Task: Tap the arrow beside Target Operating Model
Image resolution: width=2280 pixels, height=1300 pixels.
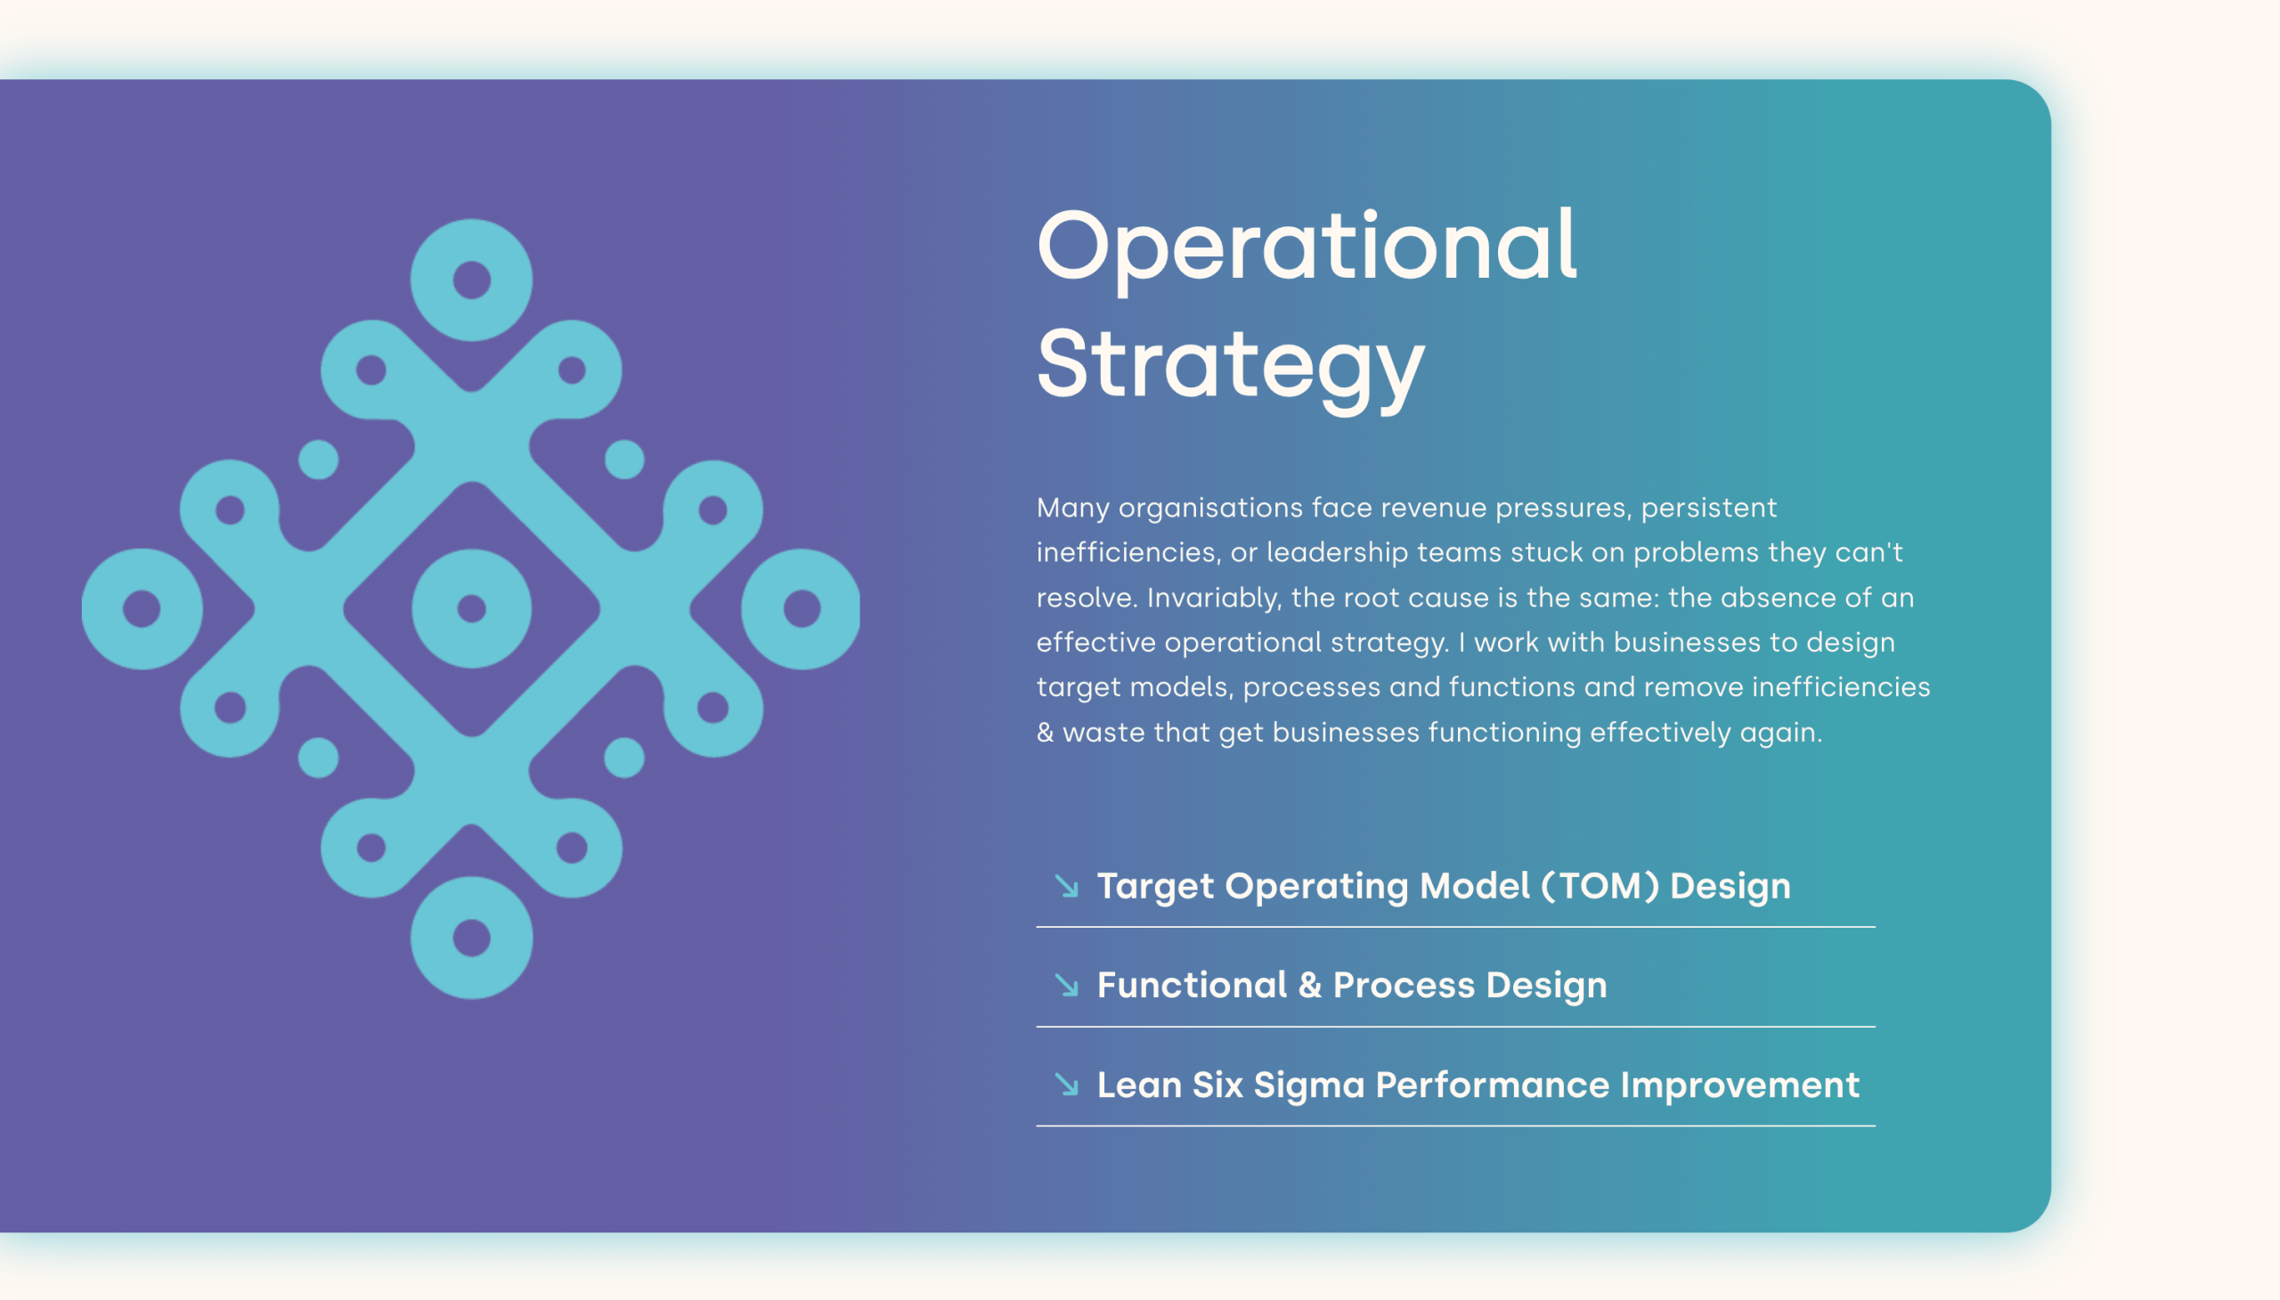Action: click(x=1066, y=886)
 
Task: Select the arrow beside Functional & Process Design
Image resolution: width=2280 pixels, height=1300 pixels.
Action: click(x=1066, y=985)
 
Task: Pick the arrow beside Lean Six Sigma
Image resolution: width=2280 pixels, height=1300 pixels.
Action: click(x=1066, y=1084)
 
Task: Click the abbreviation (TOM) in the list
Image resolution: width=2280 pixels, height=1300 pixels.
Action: click(x=1600, y=886)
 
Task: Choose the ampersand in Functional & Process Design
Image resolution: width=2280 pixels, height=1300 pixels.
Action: click(x=1310, y=985)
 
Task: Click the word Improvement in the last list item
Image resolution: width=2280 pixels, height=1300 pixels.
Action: click(x=1739, y=1085)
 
